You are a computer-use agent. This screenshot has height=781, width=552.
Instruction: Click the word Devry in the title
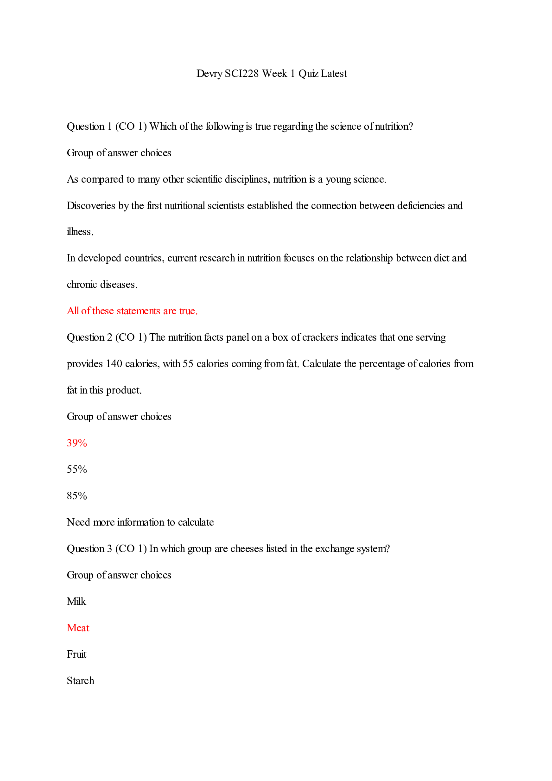click(x=209, y=74)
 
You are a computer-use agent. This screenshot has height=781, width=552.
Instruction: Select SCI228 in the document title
click(x=241, y=74)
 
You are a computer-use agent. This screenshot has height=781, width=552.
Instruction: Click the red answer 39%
click(x=77, y=443)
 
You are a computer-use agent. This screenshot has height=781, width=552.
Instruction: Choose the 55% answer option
click(x=77, y=470)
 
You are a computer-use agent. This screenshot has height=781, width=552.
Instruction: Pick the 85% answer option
click(x=77, y=496)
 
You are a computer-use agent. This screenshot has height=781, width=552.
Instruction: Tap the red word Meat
click(x=78, y=628)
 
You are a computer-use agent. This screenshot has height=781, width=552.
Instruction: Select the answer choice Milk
click(x=76, y=602)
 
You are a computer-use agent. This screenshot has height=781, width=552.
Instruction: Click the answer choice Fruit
click(x=76, y=654)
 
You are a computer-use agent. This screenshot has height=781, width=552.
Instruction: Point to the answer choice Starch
click(x=80, y=681)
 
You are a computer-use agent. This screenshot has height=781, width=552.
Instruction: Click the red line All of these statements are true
click(x=132, y=311)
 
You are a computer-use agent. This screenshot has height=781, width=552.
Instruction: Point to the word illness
click(x=80, y=232)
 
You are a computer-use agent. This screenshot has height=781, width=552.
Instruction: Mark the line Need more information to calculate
click(x=140, y=522)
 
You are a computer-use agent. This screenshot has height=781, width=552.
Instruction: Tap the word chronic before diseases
click(x=82, y=285)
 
